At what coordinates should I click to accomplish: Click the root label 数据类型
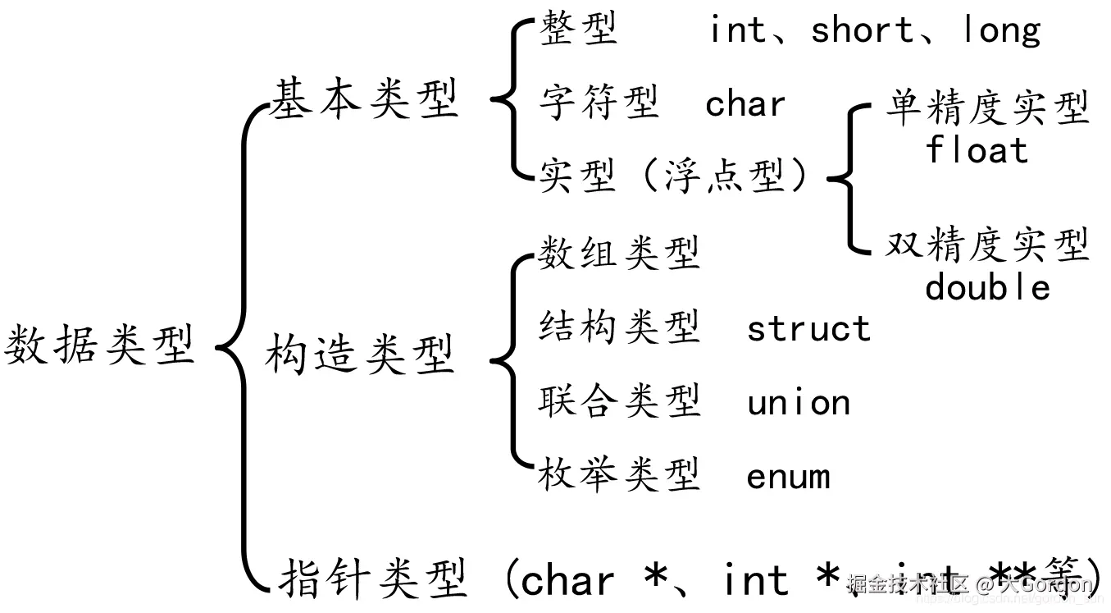point(100,345)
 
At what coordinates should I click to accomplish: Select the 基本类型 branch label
point(364,100)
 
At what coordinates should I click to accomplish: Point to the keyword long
point(1001,31)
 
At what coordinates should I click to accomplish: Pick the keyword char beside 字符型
point(745,104)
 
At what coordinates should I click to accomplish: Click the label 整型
point(578,31)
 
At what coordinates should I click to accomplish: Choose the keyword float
point(977,151)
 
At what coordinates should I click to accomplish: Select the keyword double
point(987,287)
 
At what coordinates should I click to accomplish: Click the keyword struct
point(808,329)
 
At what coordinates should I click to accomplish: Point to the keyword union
point(799,403)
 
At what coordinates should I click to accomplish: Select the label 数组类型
point(619,253)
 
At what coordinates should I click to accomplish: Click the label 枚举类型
point(619,475)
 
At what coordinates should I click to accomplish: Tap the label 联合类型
point(619,401)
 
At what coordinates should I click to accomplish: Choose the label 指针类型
point(374,579)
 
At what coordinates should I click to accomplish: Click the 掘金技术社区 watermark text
point(908,584)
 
